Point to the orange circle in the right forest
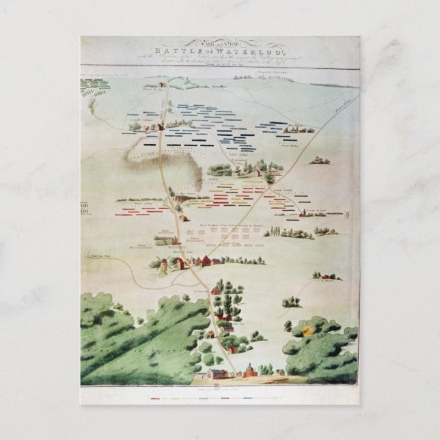(307, 333)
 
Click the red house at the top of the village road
(215, 290)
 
